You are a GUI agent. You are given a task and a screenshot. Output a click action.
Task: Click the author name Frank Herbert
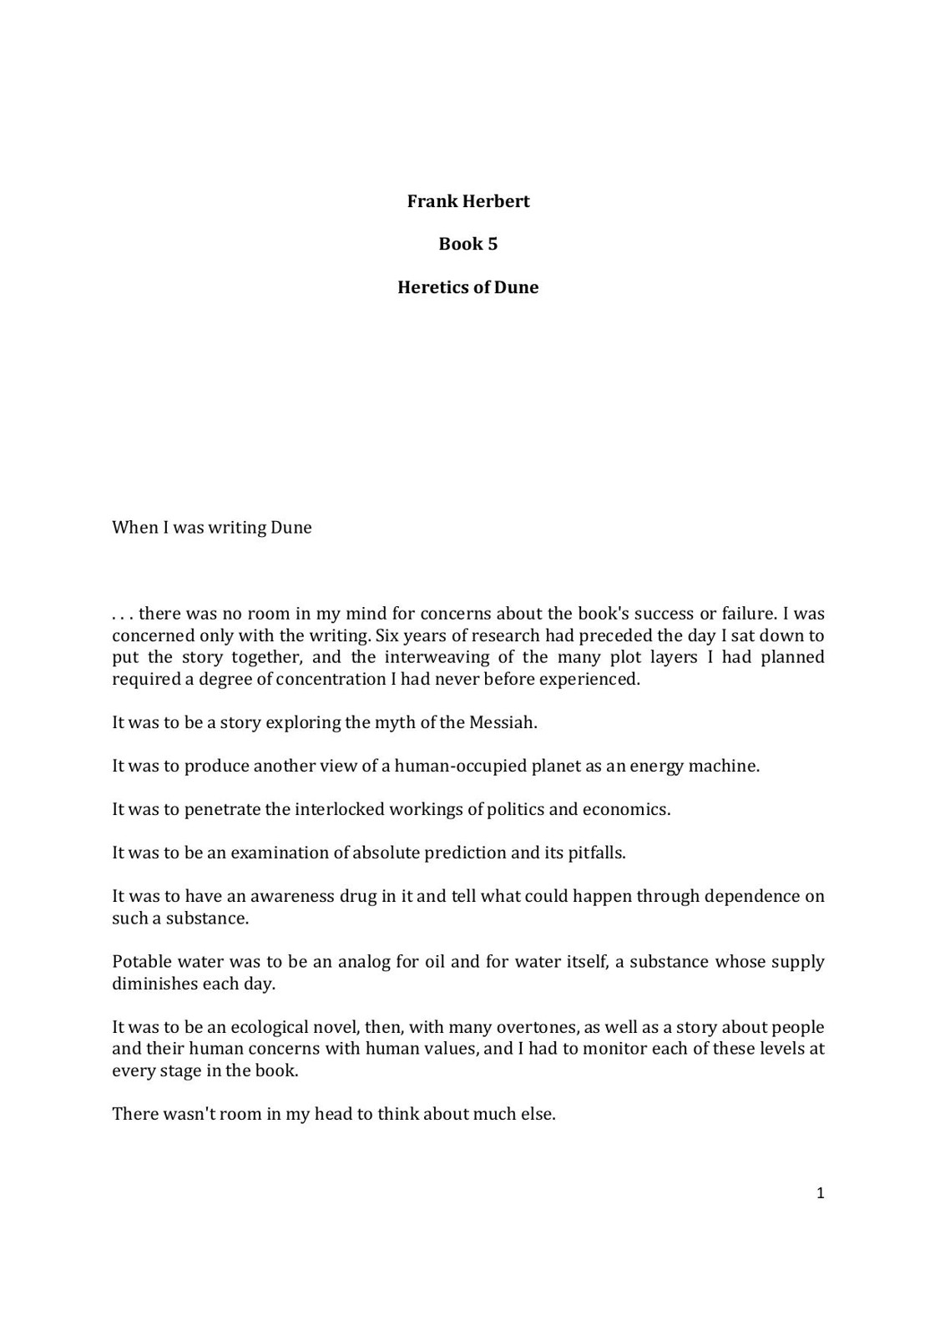click(467, 201)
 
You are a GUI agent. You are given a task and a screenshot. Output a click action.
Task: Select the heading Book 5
click(467, 244)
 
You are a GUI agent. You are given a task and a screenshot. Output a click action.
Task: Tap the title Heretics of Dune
click(467, 287)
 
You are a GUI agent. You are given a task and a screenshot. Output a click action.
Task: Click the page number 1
click(820, 1193)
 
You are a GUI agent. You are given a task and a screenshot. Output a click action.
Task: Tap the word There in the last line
click(135, 1114)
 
